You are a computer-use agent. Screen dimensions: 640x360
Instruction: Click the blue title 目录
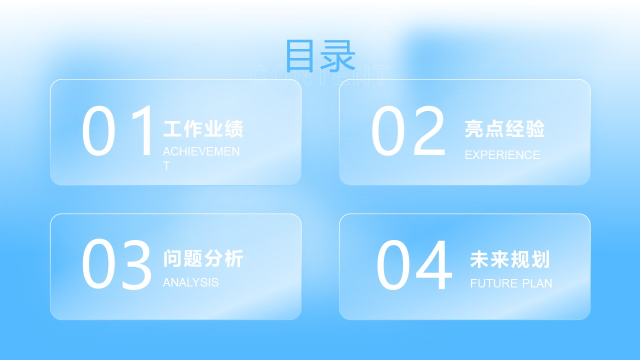320,55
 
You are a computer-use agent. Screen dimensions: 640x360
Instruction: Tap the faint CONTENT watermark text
319,75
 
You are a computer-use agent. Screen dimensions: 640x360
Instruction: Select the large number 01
117,130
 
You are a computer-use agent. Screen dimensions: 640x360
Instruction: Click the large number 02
408,130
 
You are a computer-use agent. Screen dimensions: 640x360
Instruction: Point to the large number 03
116,263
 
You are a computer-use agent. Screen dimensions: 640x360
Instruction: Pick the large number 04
414,264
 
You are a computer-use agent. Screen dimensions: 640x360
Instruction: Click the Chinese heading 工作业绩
203,129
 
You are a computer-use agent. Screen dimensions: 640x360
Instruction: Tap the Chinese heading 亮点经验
504,129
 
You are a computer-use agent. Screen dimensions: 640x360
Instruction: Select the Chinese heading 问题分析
203,258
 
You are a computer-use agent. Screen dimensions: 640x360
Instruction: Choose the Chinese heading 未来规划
510,259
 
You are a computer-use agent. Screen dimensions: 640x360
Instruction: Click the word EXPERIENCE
502,155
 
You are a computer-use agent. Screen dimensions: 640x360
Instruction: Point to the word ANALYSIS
190,282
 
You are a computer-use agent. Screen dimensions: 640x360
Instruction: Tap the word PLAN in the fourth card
537,283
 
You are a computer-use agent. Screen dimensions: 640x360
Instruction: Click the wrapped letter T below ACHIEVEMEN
166,166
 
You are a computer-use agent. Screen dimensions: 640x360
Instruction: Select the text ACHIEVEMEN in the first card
201,151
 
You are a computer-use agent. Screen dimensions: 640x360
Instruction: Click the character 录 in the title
338,55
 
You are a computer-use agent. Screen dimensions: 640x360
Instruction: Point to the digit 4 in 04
433,264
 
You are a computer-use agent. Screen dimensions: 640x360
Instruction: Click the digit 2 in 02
429,130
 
